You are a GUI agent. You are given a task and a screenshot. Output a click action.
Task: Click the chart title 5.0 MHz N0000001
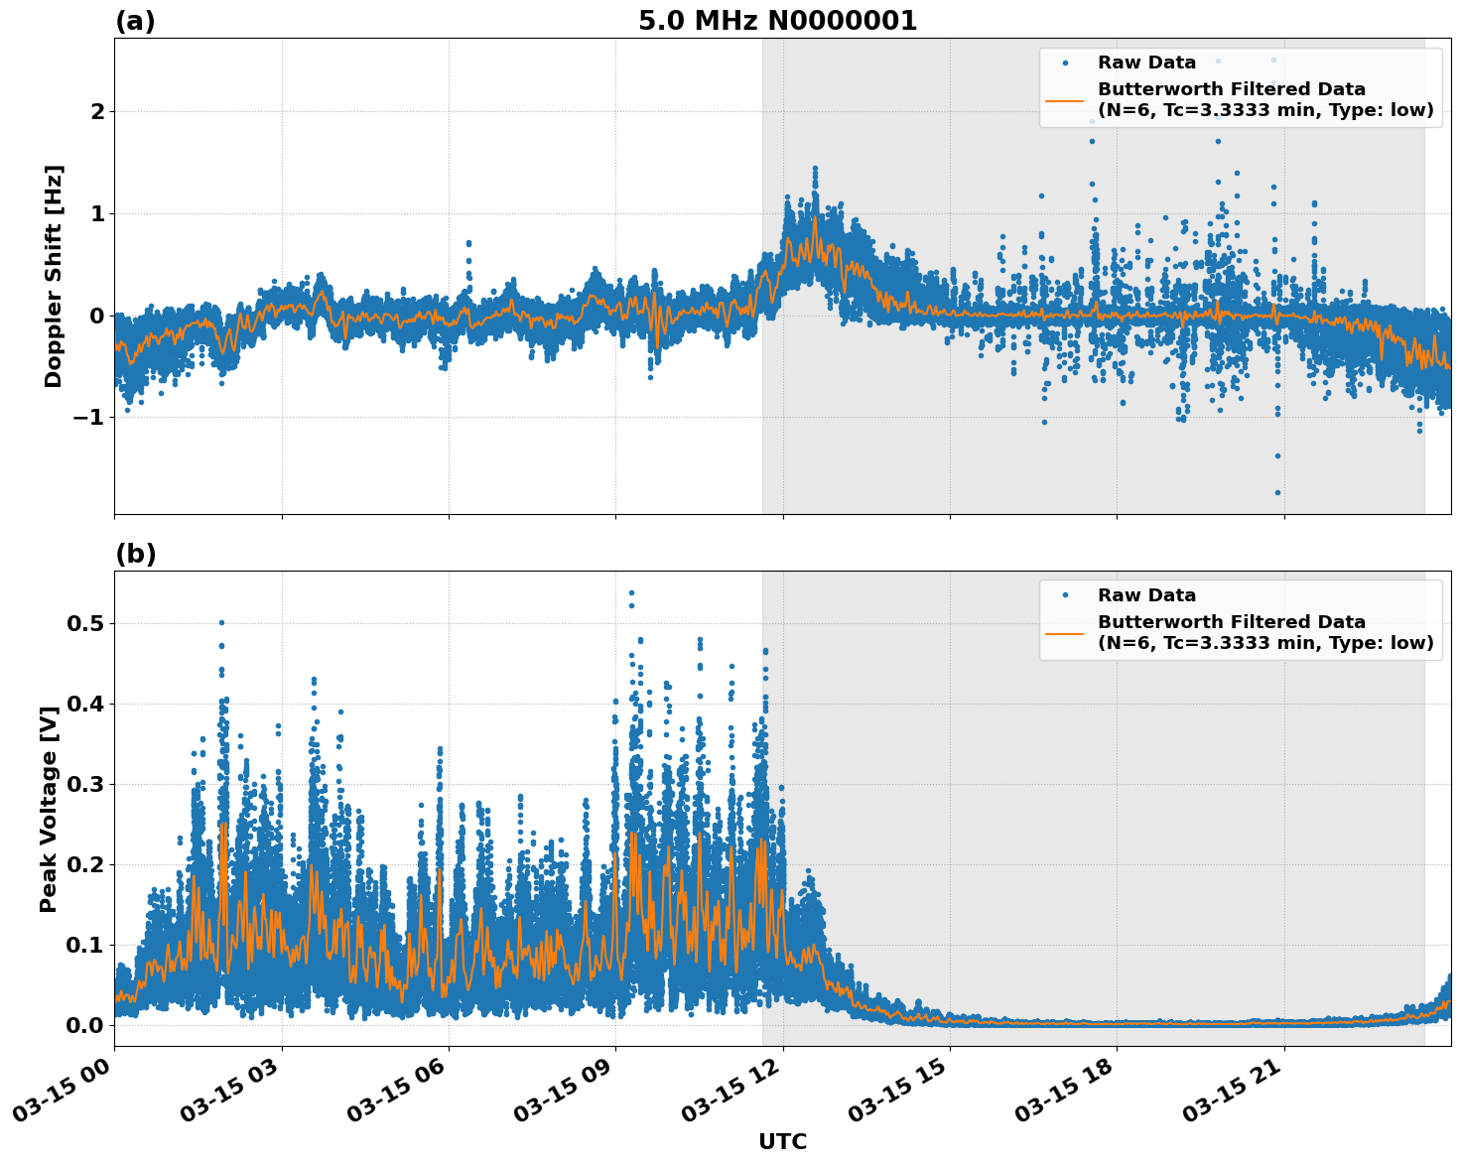pyautogui.click(x=777, y=21)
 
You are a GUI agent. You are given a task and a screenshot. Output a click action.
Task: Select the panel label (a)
pyautogui.click(x=135, y=21)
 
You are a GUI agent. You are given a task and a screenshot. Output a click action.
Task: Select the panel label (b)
pyautogui.click(x=135, y=554)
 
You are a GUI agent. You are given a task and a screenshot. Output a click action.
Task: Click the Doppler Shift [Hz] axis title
pyautogui.click(x=54, y=276)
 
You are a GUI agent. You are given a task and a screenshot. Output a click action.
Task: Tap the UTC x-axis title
pyautogui.click(x=782, y=1141)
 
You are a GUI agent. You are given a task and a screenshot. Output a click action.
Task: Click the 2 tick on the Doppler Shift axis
pyautogui.click(x=97, y=112)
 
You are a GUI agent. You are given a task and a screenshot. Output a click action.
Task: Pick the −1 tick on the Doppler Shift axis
pyautogui.click(x=89, y=417)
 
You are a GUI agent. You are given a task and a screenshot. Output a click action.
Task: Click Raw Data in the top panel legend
pyautogui.click(x=1146, y=63)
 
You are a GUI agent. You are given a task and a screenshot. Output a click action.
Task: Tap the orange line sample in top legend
pyautogui.click(x=1064, y=100)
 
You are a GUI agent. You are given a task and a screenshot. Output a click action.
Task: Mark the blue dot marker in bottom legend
pyautogui.click(x=1064, y=595)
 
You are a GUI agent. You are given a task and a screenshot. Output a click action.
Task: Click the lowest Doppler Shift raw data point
pyautogui.click(x=1277, y=492)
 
